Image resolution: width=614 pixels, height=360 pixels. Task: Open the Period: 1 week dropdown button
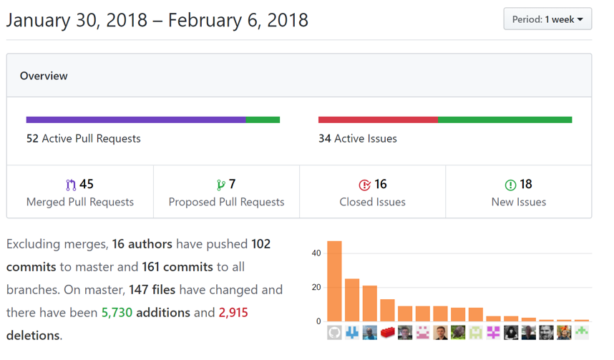(547, 19)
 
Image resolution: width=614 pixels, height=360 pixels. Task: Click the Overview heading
(44, 76)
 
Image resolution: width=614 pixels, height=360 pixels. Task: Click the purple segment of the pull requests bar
(136, 120)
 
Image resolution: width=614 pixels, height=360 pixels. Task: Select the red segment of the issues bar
(378, 120)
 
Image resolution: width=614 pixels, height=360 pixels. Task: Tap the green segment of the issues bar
(505, 120)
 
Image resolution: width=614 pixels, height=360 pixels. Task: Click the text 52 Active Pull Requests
(84, 138)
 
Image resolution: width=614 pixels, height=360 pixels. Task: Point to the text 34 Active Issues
(358, 138)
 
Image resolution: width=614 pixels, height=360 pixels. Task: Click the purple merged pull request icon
(70, 185)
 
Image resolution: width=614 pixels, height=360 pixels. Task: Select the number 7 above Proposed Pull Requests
(232, 185)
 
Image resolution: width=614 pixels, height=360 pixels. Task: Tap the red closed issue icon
(364, 185)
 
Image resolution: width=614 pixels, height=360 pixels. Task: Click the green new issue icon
(510, 185)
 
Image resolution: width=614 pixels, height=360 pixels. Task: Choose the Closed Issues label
(372, 202)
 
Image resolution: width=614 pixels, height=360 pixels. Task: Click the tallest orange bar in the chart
(334, 281)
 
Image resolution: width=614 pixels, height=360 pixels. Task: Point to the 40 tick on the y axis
(316, 253)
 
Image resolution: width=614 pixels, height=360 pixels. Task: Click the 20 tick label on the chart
(316, 287)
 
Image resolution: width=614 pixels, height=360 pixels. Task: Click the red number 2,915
(233, 313)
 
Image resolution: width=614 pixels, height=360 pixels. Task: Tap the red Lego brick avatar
(387, 332)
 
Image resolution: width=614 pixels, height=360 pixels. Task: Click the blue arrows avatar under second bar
(352, 332)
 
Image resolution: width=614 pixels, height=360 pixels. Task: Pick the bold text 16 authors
(142, 244)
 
